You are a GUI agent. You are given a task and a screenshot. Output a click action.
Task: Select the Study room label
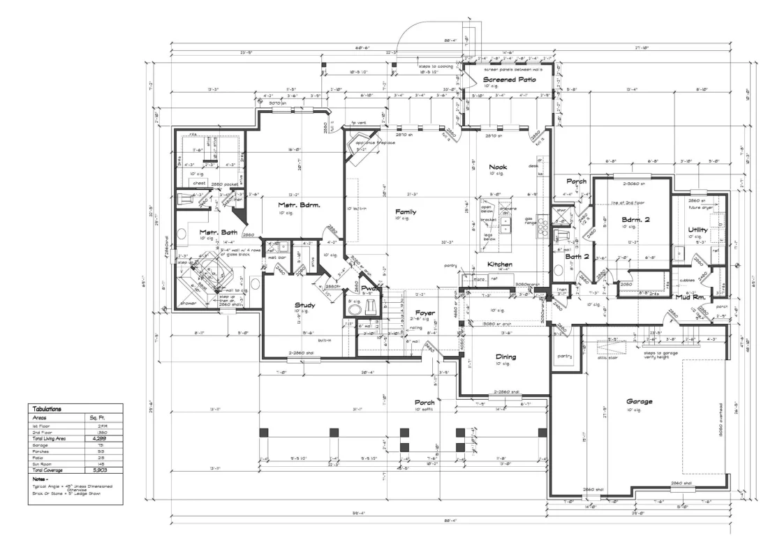[x=304, y=306]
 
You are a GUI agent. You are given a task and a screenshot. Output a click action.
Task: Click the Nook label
[x=496, y=167]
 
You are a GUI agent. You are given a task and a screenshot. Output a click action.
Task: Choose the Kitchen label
[x=500, y=265]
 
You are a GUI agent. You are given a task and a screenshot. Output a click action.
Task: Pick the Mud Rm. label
[x=688, y=297]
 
